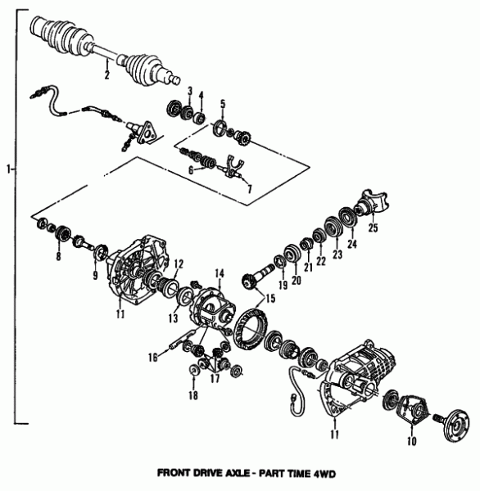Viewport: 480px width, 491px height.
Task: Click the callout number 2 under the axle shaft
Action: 106,75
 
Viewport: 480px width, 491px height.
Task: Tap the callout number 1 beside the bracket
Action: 7,169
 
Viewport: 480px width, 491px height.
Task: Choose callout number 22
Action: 320,260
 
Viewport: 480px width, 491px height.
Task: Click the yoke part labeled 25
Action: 365,205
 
